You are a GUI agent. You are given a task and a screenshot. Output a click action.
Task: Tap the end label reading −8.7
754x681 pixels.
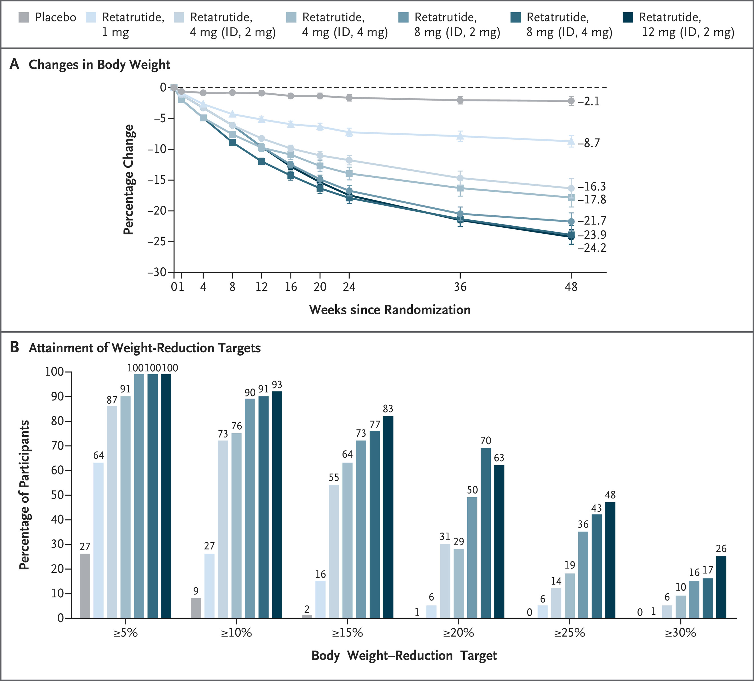tap(589, 143)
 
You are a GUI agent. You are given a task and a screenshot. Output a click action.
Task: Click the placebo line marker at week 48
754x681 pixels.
tap(571, 101)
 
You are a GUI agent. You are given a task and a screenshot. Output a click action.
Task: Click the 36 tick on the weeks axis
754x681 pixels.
tap(460, 287)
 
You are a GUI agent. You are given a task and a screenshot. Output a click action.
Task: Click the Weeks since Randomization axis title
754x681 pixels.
tap(390, 310)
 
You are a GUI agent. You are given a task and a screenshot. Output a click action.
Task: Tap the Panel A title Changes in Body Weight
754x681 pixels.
tap(99, 65)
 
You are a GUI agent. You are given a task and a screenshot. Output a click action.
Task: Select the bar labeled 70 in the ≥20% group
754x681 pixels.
tap(486, 533)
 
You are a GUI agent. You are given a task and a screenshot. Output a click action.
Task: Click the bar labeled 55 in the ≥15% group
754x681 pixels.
tap(334, 551)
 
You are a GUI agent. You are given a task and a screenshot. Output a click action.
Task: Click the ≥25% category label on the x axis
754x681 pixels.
tap(569, 633)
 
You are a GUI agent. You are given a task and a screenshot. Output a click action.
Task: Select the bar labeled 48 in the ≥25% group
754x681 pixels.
tap(610, 560)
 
